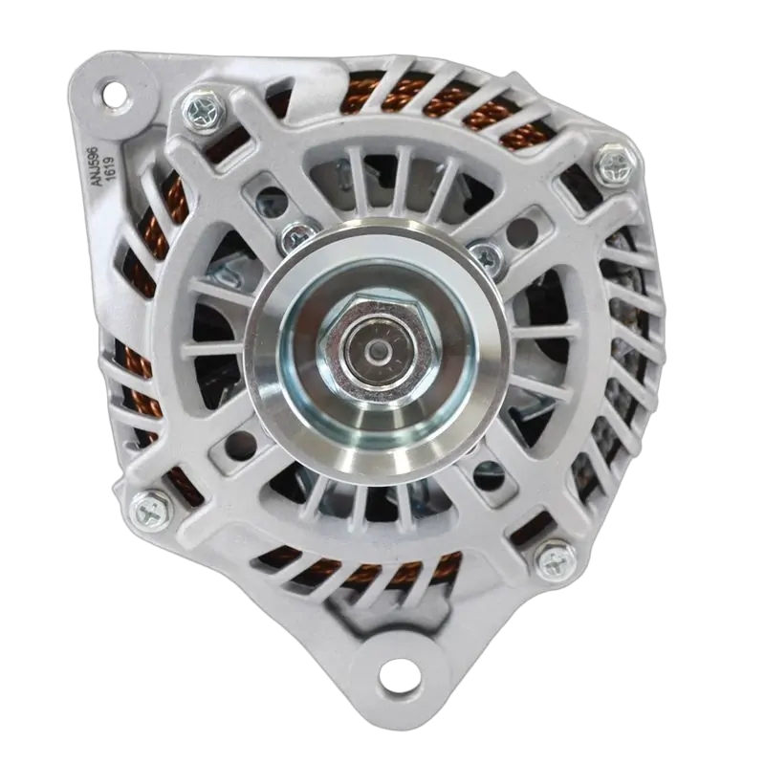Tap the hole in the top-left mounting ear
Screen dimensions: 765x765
tap(115, 92)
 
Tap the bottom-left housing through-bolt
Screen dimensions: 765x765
tap(152, 512)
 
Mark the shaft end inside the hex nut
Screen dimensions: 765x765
tap(378, 349)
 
